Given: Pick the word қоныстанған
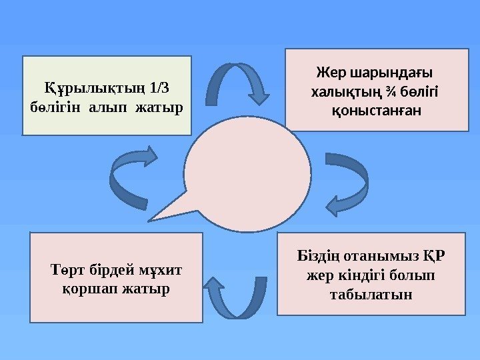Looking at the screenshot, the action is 377,109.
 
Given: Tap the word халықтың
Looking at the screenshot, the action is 347,91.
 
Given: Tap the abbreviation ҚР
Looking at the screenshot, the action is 434,257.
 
